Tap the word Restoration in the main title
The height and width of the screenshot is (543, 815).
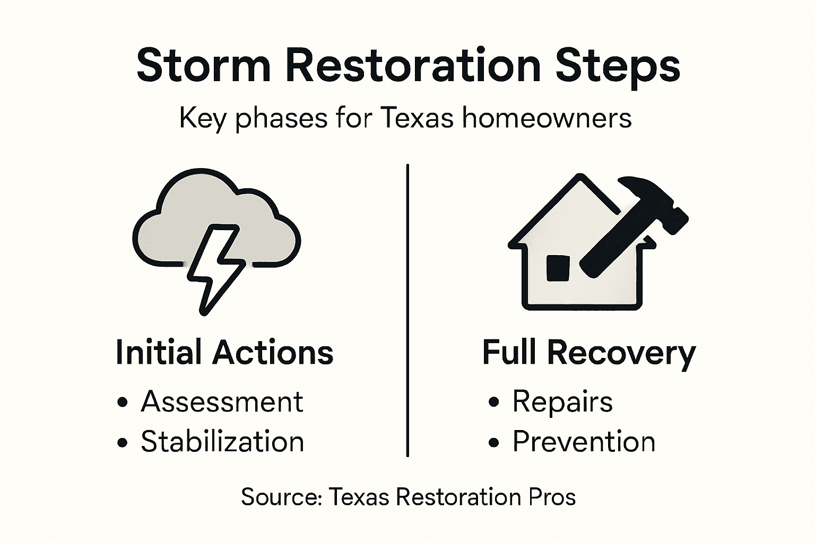(413, 65)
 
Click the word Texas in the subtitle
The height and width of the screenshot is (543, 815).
(417, 118)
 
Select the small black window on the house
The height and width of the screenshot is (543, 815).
(557, 268)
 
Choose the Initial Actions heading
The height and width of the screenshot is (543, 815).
(224, 353)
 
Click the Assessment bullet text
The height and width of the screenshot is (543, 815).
(222, 401)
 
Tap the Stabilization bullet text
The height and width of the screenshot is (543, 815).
(222, 442)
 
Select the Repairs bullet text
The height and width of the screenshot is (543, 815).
(562, 402)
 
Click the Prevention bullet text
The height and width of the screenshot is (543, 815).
(584, 442)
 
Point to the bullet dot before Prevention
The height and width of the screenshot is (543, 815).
(494, 443)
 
